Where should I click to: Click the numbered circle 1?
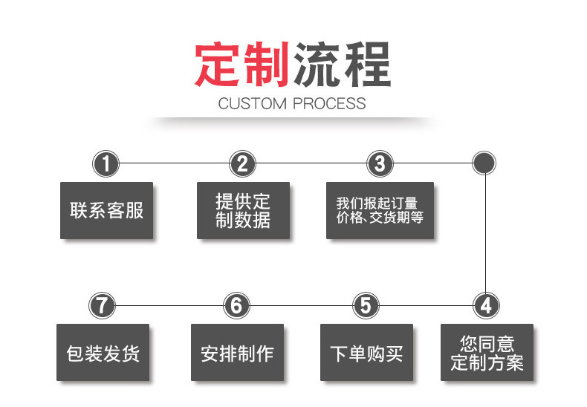106,163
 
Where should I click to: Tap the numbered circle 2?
242,163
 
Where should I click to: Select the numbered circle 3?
380,163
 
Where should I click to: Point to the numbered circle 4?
486,305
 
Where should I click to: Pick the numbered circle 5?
365,305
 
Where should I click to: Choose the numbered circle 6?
236,305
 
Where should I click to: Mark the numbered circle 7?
103,305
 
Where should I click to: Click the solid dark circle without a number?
484,163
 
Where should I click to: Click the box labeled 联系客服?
106,210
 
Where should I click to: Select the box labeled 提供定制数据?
243,210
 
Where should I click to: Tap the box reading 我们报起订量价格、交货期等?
380,210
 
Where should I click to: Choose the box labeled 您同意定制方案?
487,353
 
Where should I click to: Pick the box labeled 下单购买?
366,353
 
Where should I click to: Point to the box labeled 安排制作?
237,353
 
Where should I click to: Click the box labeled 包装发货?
103,353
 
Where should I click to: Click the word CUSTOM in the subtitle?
253,103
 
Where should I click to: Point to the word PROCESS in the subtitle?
330,103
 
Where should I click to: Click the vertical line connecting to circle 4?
485,234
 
